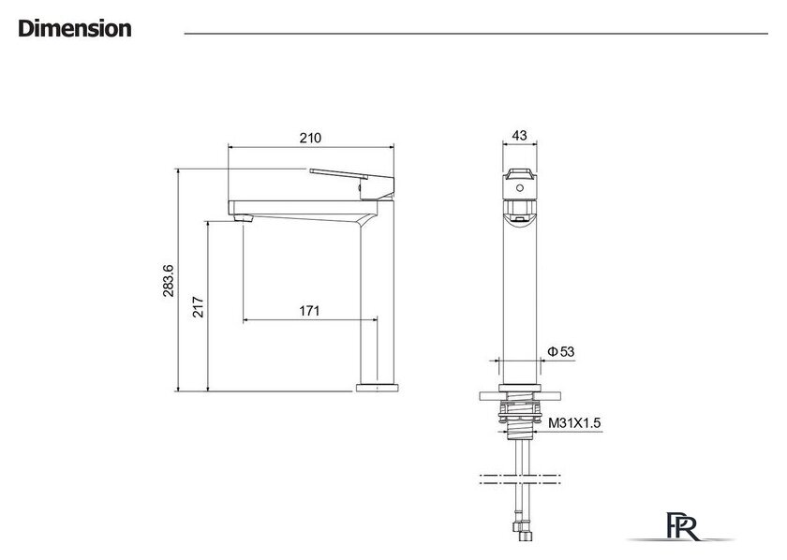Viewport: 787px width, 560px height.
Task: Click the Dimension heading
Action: point(75,29)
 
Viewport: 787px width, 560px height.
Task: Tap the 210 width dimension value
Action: point(310,138)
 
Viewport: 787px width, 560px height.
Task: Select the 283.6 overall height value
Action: point(169,281)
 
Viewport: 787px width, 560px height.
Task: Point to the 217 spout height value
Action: point(199,307)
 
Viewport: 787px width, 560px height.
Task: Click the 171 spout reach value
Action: point(309,311)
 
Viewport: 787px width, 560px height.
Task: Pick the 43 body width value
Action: point(519,136)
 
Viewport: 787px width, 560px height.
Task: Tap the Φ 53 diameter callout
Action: point(560,352)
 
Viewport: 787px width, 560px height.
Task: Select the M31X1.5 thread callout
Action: point(574,423)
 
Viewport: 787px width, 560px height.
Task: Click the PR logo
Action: point(682,526)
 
